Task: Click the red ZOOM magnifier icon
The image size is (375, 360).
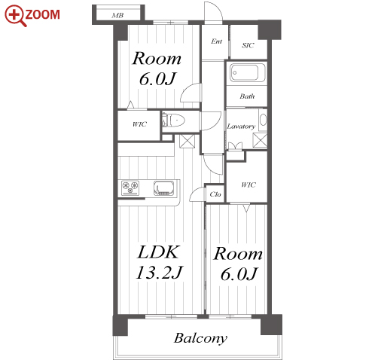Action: (14, 16)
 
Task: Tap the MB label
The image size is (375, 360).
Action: (117, 15)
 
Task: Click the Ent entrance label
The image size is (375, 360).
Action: (216, 41)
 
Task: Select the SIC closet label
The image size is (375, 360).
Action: (248, 45)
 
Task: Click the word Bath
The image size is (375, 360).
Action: (247, 96)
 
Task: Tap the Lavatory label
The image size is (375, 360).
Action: (241, 127)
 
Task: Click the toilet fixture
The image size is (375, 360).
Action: (173, 121)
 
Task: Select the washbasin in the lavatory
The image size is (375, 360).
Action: (263, 120)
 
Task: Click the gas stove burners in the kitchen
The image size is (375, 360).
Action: (130, 188)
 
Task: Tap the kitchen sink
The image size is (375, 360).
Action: (163, 188)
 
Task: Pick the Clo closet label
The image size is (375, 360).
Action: (215, 194)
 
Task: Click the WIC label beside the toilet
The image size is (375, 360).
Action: (139, 124)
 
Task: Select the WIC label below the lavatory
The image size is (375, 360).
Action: (248, 185)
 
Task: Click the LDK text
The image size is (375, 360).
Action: (159, 252)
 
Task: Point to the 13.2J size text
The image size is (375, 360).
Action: (159, 273)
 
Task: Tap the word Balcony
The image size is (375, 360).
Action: (200, 338)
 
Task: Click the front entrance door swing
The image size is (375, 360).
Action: (213, 13)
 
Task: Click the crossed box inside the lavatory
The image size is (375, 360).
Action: (260, 140)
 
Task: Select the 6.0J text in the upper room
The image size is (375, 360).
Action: (158, 79)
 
